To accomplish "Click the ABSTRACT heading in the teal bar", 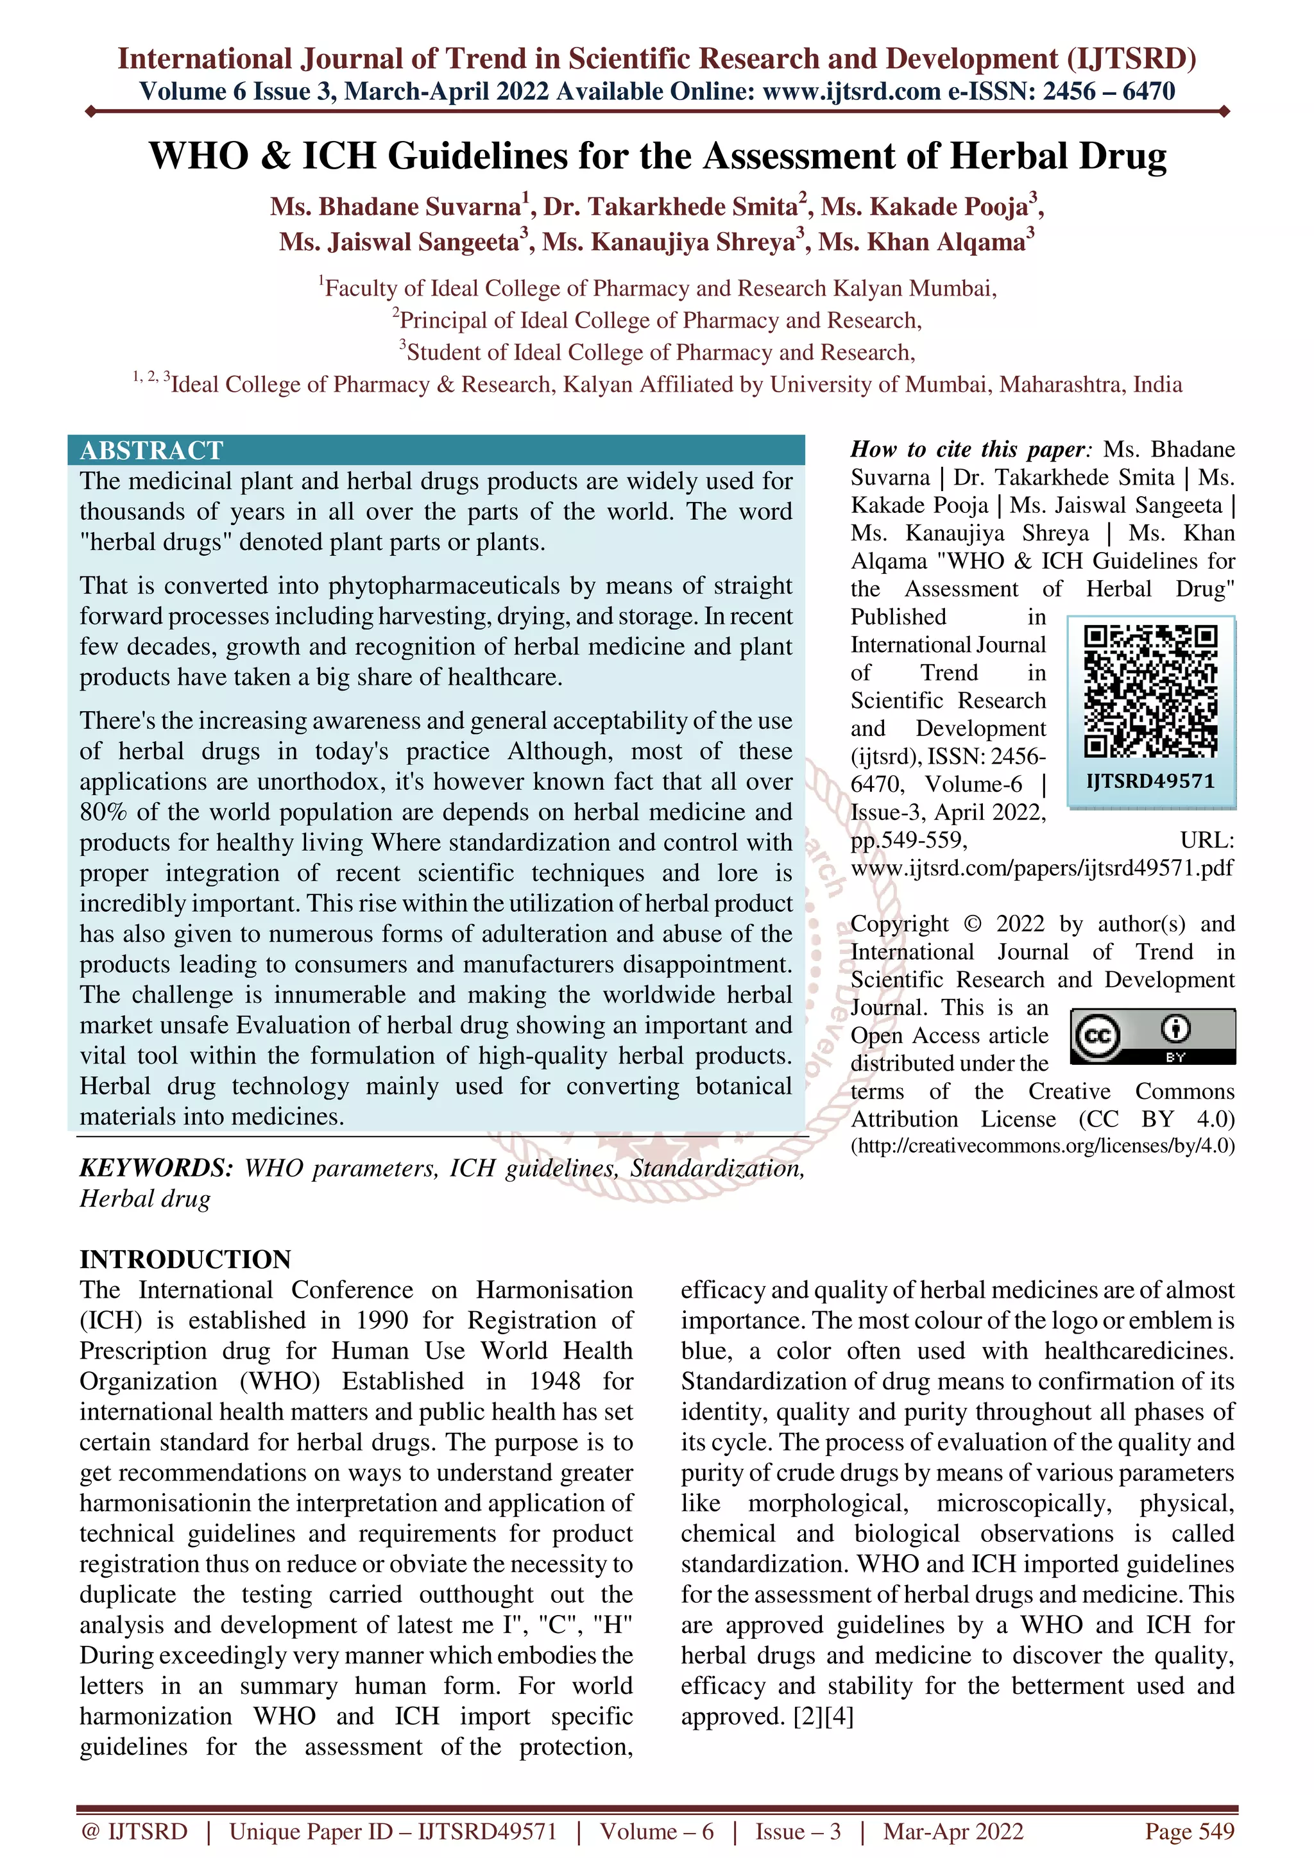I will pos(151,450).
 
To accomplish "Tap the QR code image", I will pos(1150,692).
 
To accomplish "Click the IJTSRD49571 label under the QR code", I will pos(1150,781).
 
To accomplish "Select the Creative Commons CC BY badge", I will pos(1152,1036).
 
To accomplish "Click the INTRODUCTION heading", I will pos(185,1259).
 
